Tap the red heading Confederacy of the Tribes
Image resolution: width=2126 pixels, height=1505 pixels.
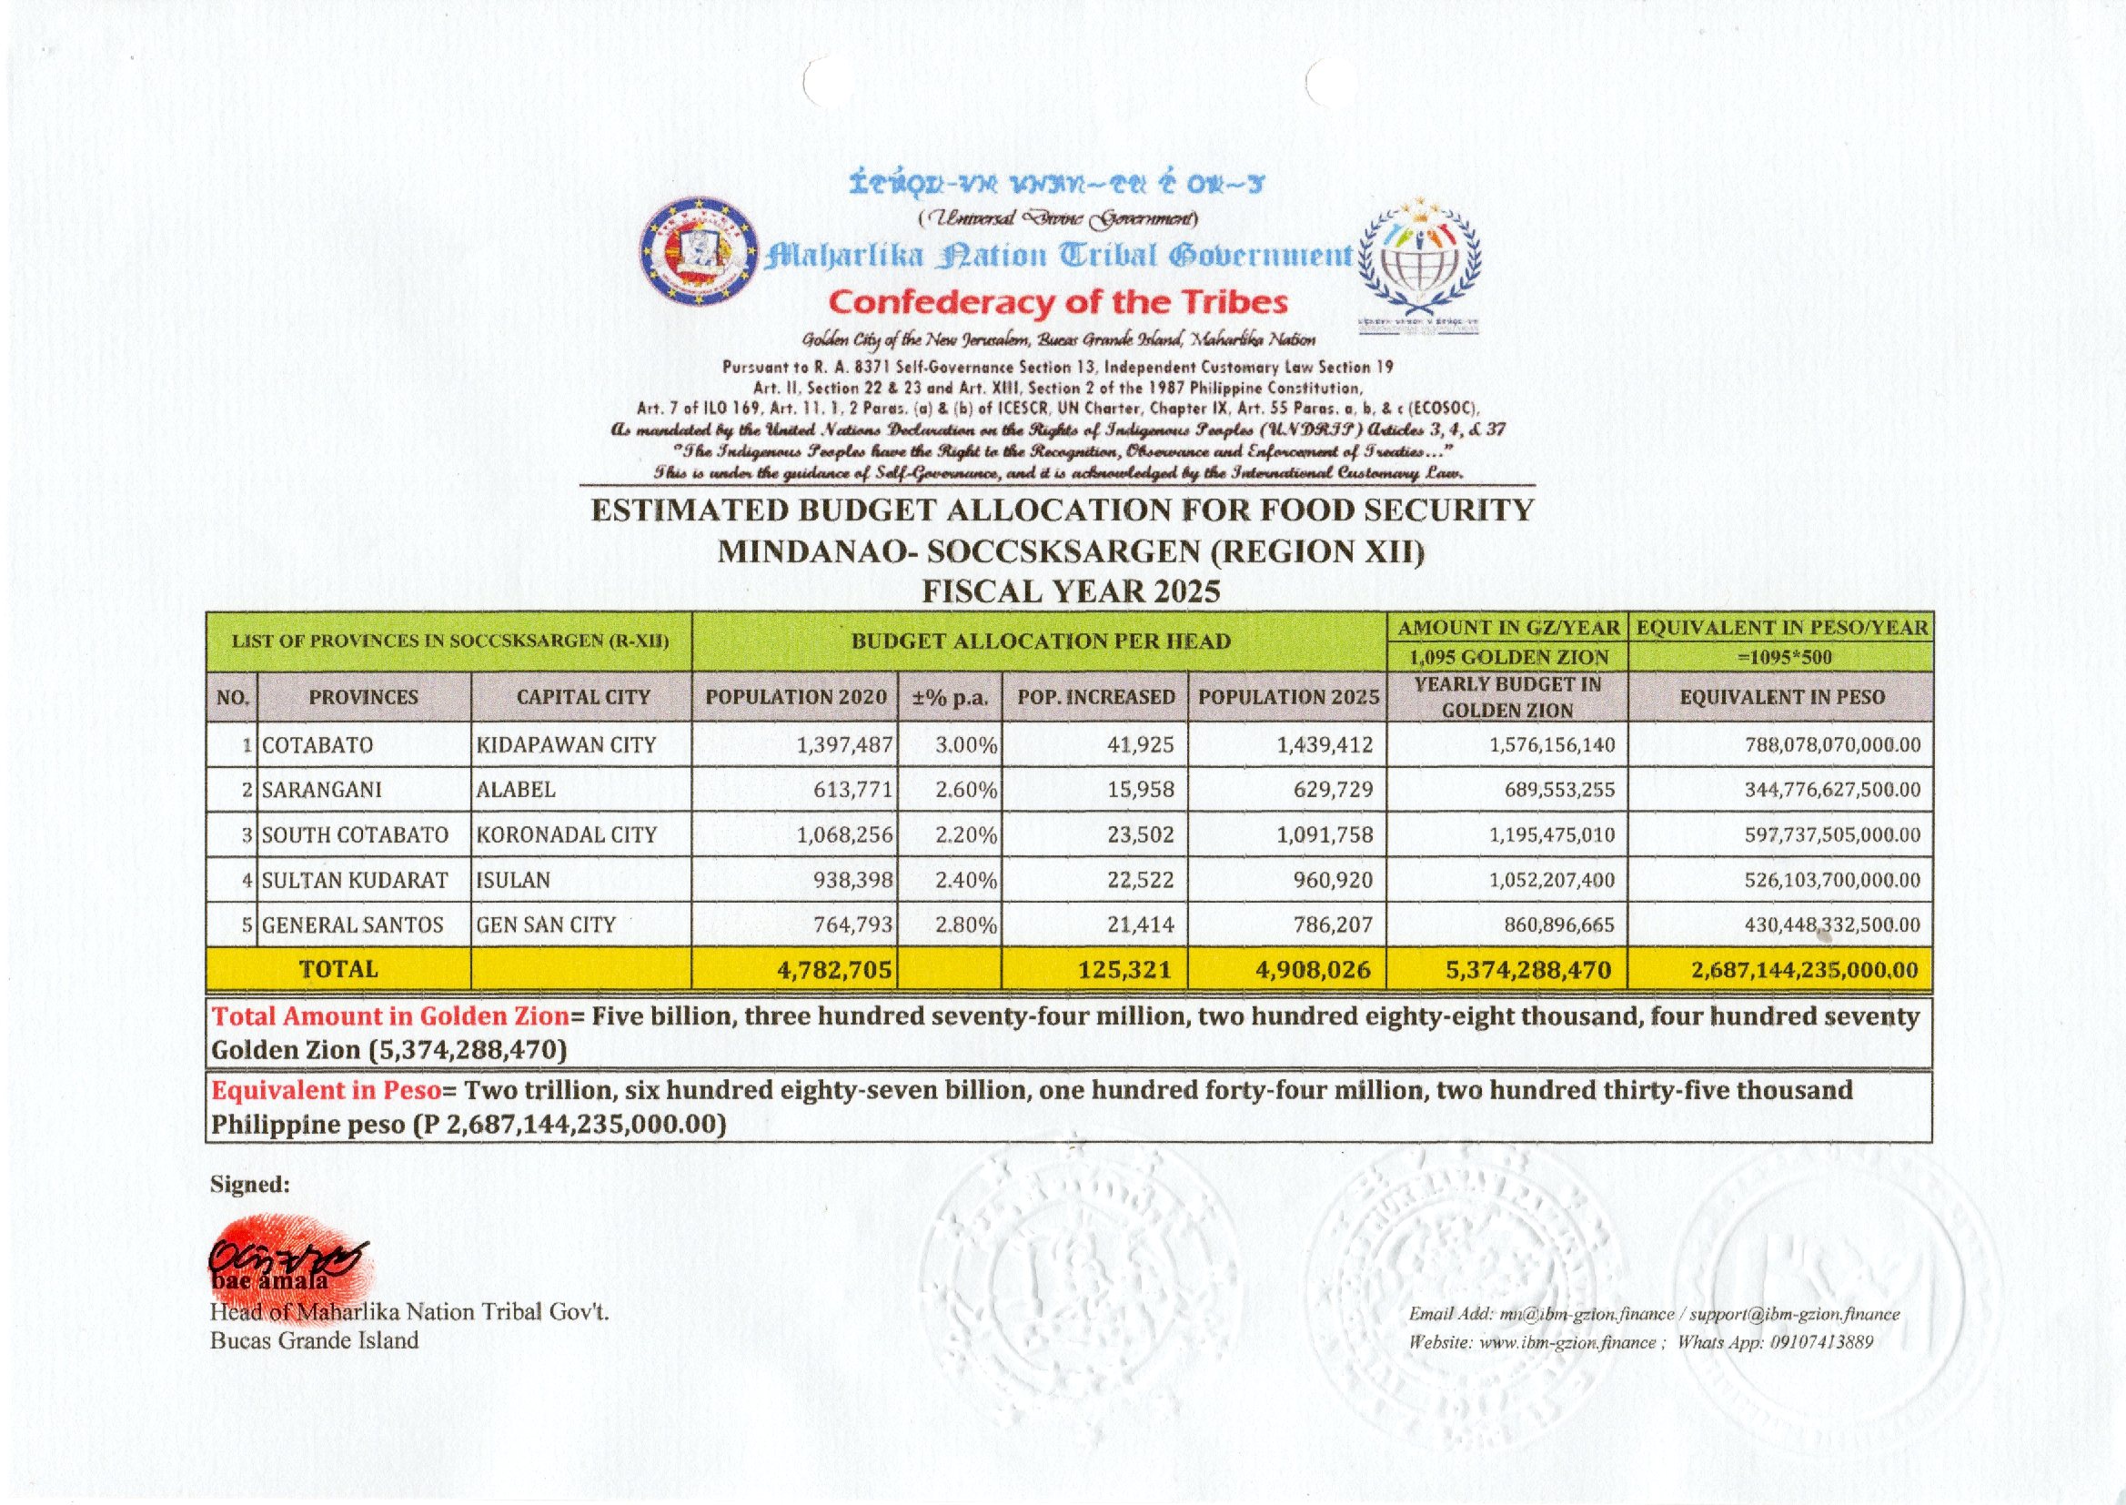(1058, 302)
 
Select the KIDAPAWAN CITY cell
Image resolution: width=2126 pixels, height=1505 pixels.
(566, 745)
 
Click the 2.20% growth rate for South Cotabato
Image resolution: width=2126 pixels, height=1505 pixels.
(965, 835)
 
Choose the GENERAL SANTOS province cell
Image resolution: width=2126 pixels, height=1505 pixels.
(353, 924)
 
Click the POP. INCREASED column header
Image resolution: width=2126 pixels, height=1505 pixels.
(1095, 697)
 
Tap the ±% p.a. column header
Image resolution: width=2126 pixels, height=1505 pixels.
(950, 697)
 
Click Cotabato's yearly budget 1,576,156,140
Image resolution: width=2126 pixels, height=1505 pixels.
(1552, 745)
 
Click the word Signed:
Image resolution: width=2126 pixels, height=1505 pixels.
(250, 1185)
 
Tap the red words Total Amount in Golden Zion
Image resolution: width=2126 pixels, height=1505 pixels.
(390, 1016)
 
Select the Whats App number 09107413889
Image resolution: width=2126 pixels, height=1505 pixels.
(1821, 1342)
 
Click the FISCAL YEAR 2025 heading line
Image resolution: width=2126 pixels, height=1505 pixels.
(1071, 591)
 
